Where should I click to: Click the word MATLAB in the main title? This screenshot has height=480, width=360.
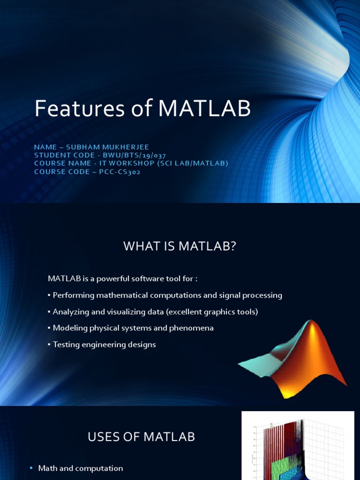(205, 109)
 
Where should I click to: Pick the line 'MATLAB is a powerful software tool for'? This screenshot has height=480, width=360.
(122, 279)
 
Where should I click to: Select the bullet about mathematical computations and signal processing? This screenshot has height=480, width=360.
(167, 295)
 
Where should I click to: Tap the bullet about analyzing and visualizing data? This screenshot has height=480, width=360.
(155, 312)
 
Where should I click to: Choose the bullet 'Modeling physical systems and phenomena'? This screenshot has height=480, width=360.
(133, 328)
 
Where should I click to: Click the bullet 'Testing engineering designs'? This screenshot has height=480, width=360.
(104, 345)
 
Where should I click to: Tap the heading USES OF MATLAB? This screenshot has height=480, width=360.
(141, 437)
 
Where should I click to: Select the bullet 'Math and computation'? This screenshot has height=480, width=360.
(80, 468)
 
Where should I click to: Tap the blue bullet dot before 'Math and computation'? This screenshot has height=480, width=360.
(31, 468)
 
